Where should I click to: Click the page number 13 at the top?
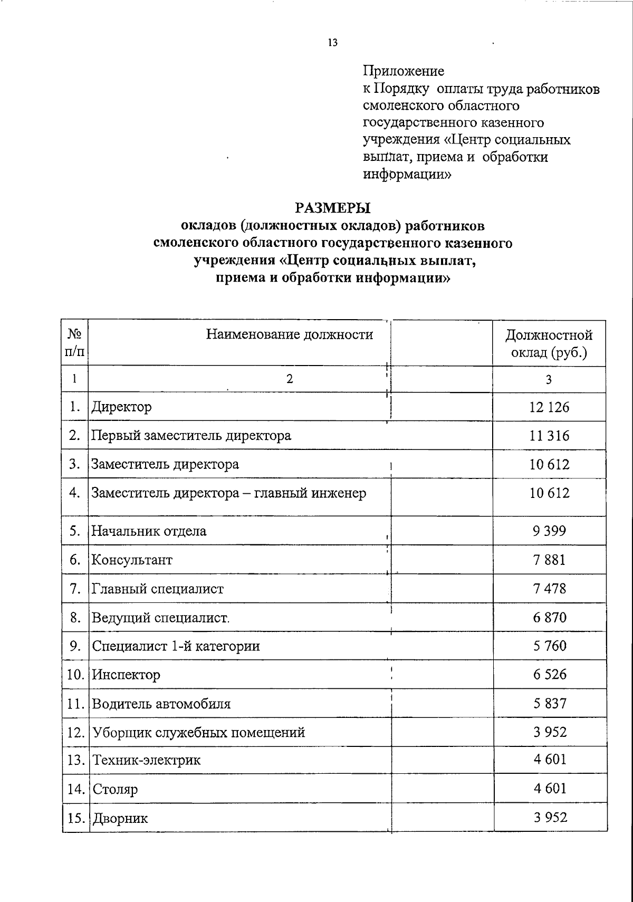[x=332, y=43]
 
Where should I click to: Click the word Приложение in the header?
[x=404, y=71]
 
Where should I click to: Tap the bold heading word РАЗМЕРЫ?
[x=332, y=208]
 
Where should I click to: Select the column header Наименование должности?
[x=289, y=334]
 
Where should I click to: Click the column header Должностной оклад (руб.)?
[x=549, y=343]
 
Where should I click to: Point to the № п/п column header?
[x=74, y=343]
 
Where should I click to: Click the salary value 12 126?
[x=549, y=407]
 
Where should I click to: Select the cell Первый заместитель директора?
[x=191, y=436]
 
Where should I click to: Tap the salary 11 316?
[x=549, y=436]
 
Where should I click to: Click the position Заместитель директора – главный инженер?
[x=229, y=493]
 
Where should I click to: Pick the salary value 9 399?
[x=549, y=531]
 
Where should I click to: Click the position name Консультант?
[x=132, y=560]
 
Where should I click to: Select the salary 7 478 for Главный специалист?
[x=549, y=588]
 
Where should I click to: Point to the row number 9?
[x=74, y=646]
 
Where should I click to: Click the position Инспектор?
[x=126, y=675]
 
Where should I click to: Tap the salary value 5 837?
[x=549, y=703]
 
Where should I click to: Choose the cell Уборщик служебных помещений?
[x=199, y=733]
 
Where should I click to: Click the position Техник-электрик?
[x=147, y=761]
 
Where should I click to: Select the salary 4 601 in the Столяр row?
[x=549, y=789]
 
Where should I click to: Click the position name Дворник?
[x=120, y=819]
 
